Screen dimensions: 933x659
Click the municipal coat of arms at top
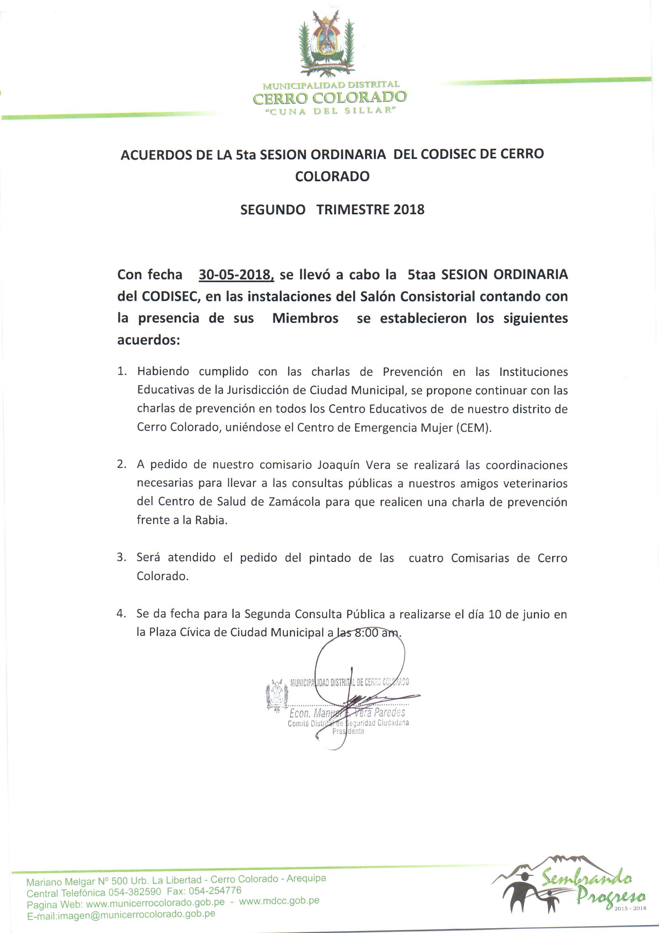[327, 44]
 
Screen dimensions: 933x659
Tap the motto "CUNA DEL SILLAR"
[329, 111]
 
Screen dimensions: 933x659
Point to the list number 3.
[121, 557]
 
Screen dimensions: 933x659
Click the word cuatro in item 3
[426, 558]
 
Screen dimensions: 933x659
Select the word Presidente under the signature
[348, 731]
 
